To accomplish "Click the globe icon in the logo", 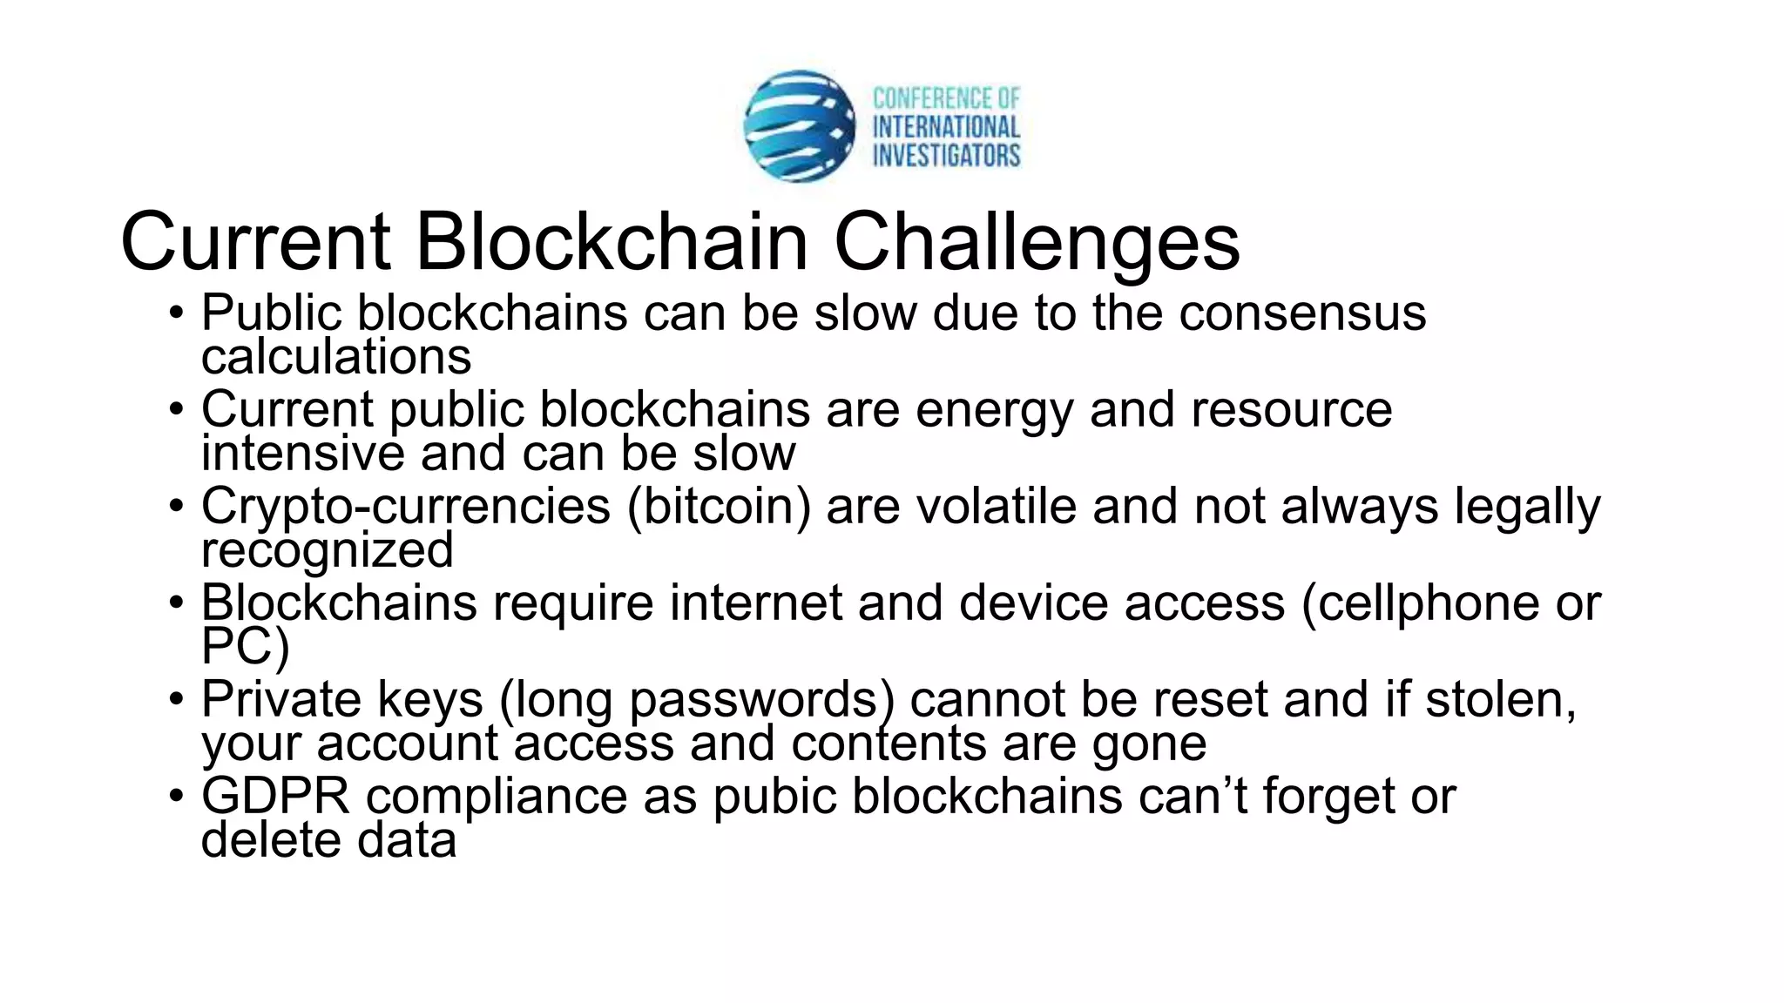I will point(799,126).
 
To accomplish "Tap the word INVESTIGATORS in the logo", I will point(946,156).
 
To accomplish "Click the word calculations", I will point(336,356).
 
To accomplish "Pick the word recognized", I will point(328,550).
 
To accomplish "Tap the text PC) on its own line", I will point(245,647).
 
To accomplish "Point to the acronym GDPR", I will point(275,796).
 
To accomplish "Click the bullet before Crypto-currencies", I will point(177,506).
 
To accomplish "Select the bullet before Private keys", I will point(177,699).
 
